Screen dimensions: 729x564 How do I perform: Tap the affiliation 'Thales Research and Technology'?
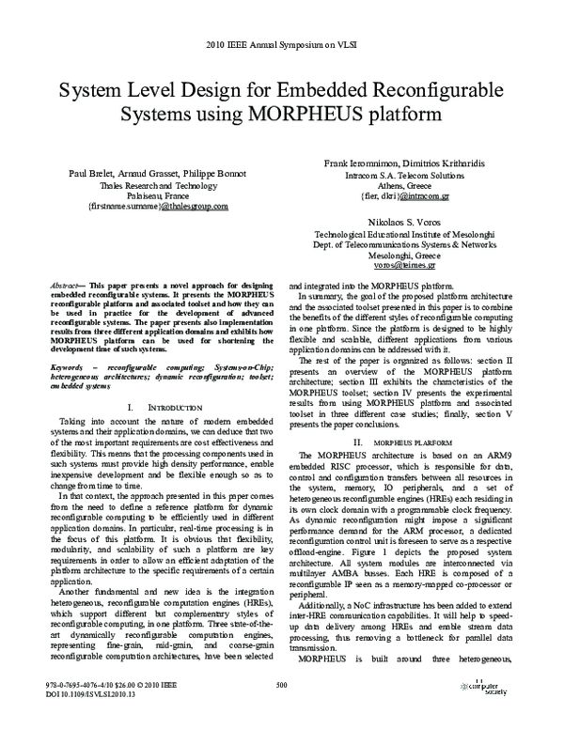[157, 185]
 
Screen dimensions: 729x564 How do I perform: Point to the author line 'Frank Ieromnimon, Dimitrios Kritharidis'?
[405, 163]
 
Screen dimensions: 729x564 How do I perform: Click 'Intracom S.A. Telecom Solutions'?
[405, 175]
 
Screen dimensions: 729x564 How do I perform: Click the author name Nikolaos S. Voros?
[405, 220]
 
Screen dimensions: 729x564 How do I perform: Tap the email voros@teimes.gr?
[405, 265]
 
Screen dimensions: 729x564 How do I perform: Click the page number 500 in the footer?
[281, 710]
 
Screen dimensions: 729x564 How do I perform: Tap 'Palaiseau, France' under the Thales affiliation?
[157, 195]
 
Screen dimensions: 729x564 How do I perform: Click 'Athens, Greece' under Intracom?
[405, 186]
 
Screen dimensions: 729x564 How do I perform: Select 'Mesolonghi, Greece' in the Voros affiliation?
[405, 254]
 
